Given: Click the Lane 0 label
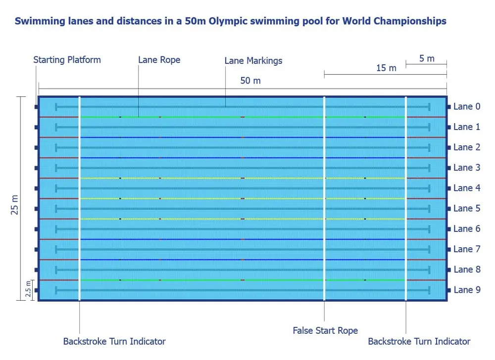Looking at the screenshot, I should coord(466,106).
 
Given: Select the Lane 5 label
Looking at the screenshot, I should coord(466,208).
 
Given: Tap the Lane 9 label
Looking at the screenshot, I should coord(466,290).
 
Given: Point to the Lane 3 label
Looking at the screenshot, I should coord(466,168).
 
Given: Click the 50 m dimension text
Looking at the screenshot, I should coord(250,81).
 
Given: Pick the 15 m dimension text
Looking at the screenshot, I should coord(386,68).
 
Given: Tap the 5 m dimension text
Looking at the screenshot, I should coord(427,58).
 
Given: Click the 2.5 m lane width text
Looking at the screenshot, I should coord(28,290).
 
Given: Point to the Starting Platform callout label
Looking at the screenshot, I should coord(67,60).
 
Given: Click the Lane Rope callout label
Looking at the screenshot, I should coord(159,60).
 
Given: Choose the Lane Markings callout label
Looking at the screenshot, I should coord(253,61).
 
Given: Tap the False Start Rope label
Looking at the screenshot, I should coord(325,330).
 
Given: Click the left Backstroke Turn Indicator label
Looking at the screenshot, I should coord(114,341).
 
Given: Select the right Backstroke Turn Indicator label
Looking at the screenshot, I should coord(419,341).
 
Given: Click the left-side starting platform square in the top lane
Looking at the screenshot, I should coord(37,107).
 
